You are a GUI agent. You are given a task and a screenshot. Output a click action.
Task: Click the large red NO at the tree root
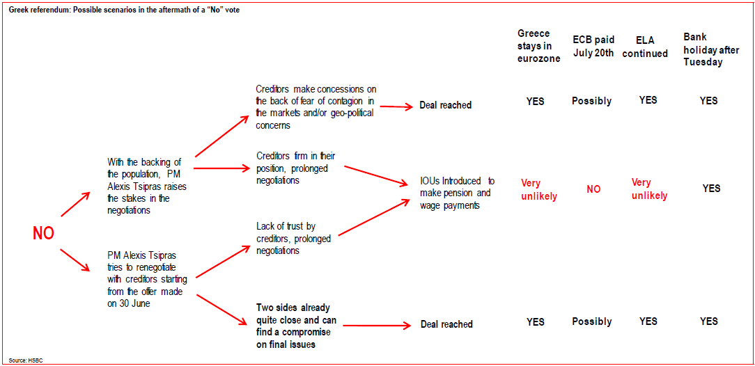[x=43, y=233]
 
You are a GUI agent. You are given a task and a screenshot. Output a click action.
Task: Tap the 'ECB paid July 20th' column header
[x=593, y=46]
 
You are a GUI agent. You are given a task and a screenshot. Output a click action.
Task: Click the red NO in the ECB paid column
[x=593, y=189]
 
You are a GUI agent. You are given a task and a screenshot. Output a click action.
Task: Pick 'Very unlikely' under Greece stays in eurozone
[x=539, y=189]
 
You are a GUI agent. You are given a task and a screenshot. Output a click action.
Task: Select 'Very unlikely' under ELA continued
[x=649, y=189]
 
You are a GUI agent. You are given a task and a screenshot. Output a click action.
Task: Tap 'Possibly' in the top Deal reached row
[x=592, y=101]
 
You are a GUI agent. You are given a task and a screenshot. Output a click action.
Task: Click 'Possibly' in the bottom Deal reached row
[x=592, y=321]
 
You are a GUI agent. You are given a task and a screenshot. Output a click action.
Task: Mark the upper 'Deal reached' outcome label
[x=445, y=106]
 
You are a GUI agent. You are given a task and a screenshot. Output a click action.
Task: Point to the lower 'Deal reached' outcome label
[x=446, y=324]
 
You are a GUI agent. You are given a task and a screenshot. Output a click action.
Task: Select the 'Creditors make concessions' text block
[x=316, y=107]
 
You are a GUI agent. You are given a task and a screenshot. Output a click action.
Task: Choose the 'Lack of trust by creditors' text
[x=293, y=238]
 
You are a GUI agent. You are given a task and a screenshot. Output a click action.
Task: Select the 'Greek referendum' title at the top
[x=123, y=10]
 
